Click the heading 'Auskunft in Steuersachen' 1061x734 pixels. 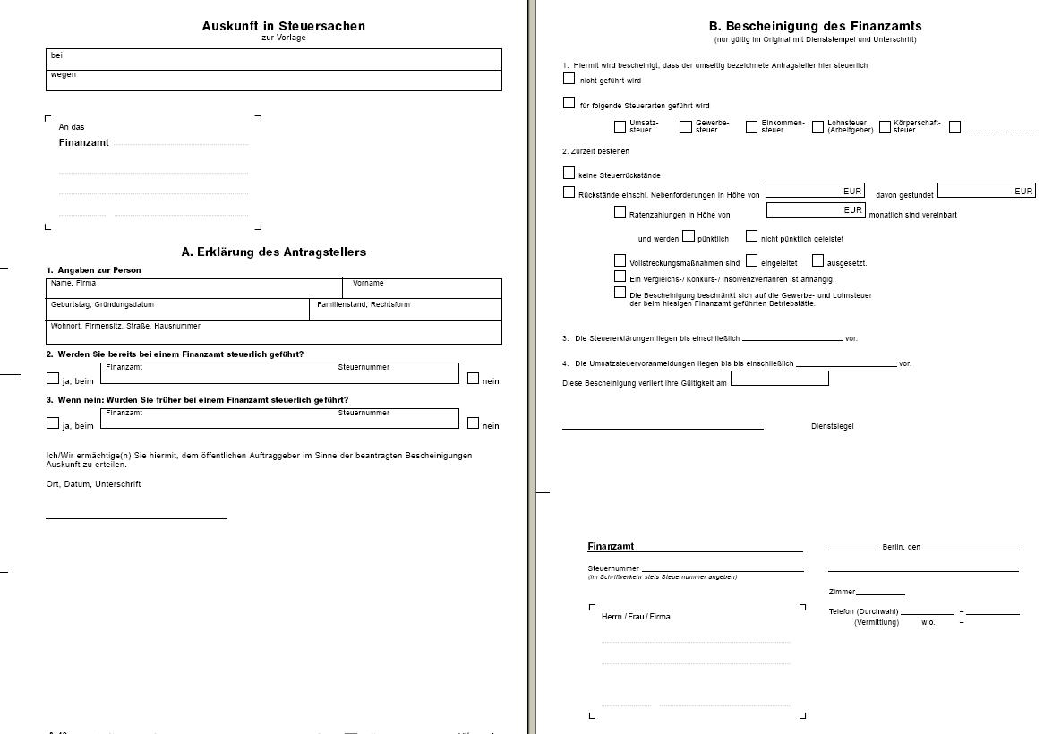283,26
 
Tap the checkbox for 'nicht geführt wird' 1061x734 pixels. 569,78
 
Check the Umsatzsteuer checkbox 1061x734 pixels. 620,127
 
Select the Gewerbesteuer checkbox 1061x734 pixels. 686,127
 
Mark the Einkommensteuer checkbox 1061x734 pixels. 751,127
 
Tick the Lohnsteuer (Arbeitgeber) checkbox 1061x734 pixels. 817,127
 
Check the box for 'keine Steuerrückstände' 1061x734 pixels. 569,173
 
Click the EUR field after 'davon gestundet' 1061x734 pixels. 986,190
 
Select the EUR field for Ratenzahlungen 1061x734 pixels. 815,210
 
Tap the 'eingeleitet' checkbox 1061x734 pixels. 751,260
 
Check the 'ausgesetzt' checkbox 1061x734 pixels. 817,260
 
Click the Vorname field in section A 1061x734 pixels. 422,289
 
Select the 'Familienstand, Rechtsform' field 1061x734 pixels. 406,311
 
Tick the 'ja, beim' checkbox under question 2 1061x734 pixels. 53,378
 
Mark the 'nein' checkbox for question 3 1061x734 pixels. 473,422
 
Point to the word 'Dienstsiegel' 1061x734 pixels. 832,426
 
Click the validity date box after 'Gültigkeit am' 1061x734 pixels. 779,379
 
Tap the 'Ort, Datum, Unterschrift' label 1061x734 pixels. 93,484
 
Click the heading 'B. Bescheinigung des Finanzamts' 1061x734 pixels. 815,26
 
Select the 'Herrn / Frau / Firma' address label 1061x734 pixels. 636,617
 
